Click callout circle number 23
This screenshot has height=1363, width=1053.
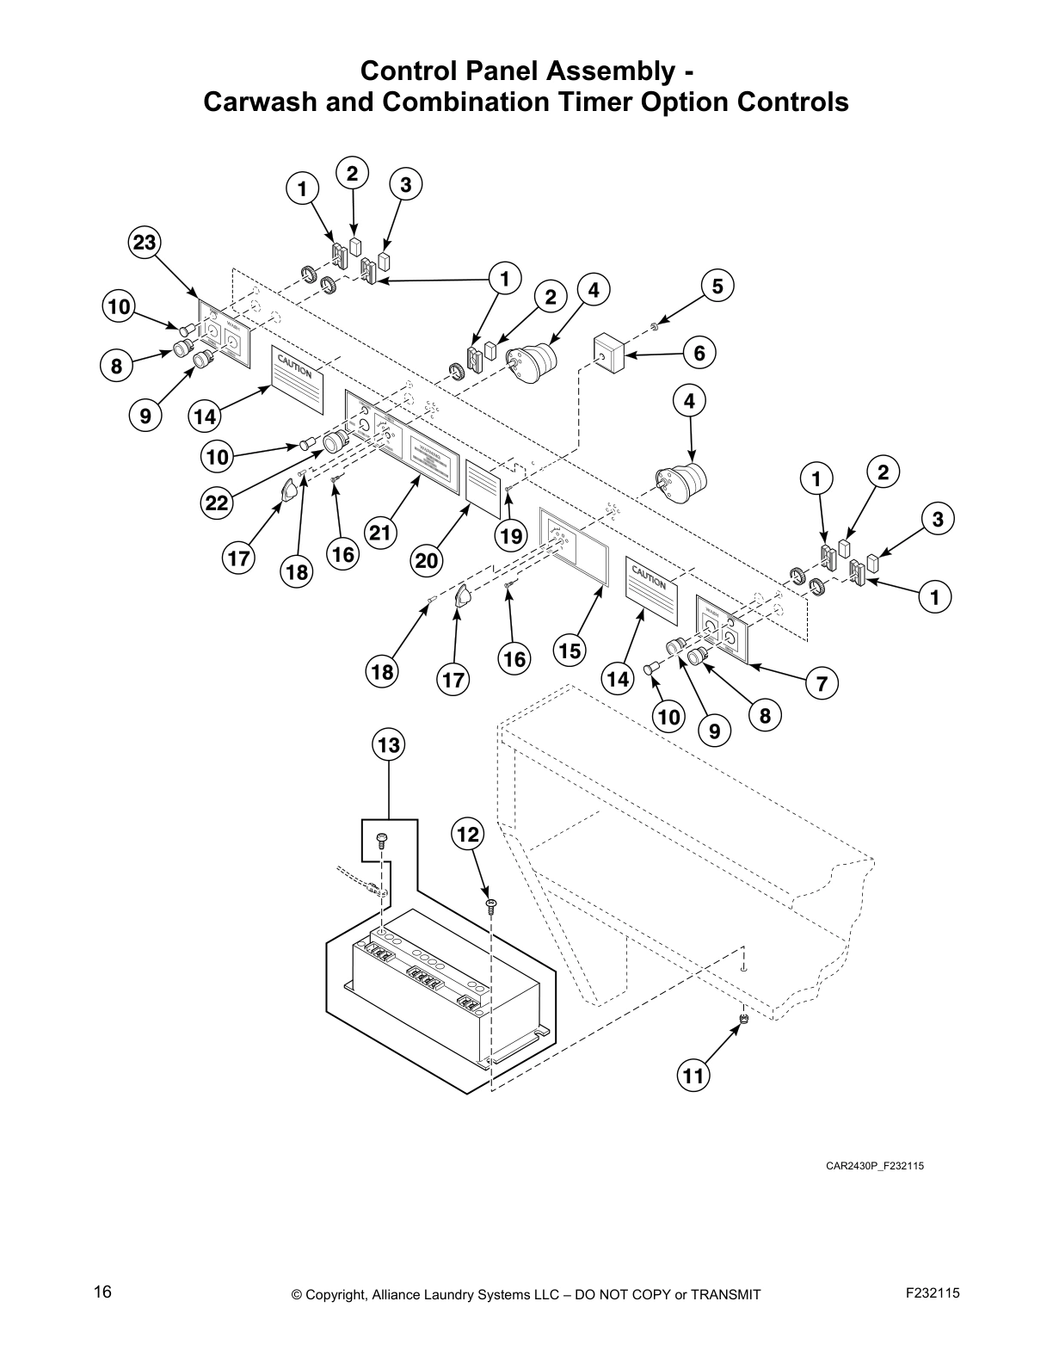[144, 243]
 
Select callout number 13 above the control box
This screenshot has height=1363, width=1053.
[389, 744]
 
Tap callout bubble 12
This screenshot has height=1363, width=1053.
[468, 834]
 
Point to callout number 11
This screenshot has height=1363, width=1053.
[693, 1075]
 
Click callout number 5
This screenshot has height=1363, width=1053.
[717, 285]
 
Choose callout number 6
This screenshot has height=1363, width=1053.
[699, 353]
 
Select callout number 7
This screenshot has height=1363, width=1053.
[822, 684]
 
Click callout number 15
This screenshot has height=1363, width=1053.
[570, 651]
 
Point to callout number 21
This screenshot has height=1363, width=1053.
[379, 533]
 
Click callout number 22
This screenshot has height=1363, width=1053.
[217, 503]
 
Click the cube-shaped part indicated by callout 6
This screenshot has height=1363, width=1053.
[608, 354]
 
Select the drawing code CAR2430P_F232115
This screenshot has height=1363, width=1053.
[874, 1166]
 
